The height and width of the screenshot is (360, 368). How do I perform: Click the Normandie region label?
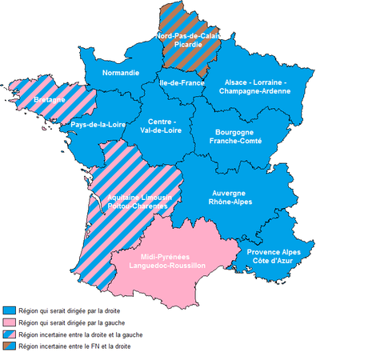122,73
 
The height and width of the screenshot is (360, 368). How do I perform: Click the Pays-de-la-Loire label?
97,126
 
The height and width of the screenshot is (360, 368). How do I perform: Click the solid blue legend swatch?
10,309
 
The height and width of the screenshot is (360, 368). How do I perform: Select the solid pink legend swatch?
10,322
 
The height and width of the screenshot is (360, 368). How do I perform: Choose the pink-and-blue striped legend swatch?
10,334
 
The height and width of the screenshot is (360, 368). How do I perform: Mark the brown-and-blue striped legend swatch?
10,347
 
